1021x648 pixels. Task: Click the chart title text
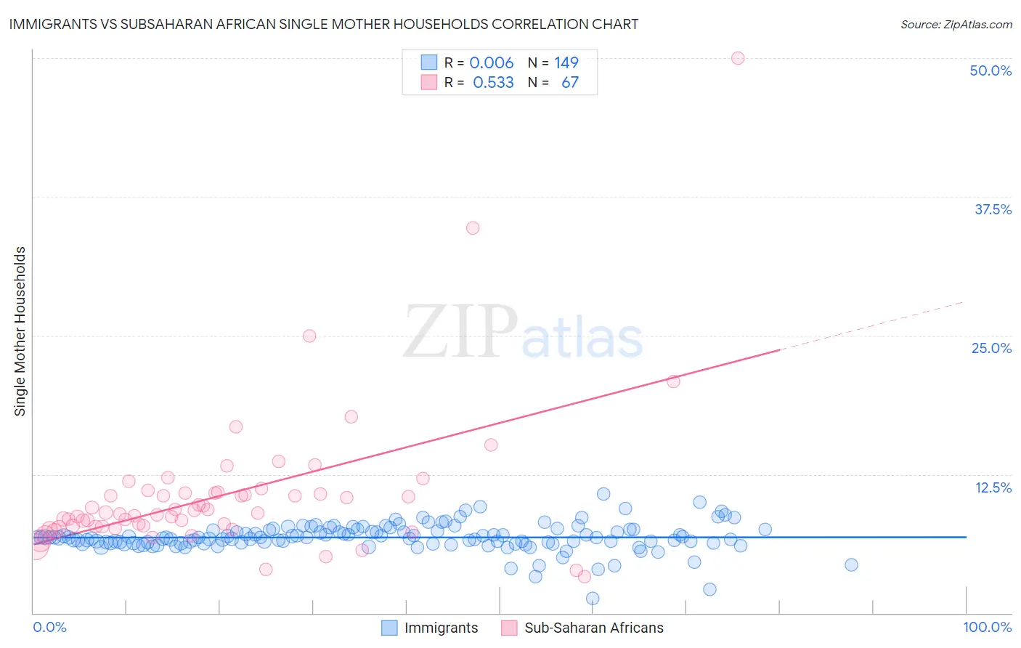tap(324, 24)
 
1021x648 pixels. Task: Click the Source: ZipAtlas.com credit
tap(956, 24)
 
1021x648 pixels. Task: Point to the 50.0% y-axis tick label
tap(991, 70)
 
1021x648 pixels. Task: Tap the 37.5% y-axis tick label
tap(993, 209)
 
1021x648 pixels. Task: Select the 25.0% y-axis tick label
tap(991, 348)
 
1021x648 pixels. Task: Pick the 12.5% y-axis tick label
tap(993, 487)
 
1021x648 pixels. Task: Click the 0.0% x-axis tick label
tap(49, 627)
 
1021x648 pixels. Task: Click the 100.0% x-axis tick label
tap(987, 627)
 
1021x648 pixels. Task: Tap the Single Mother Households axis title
tap(20, 331)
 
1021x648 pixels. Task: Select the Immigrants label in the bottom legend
tap(441, 628)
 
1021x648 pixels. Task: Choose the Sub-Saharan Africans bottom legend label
tap(593, 628)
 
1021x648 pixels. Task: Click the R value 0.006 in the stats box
tap(492, 63)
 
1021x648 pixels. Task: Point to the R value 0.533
tap(493, 82)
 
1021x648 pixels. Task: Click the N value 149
tap(566, 63)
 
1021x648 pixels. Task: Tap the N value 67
tap(570, 82)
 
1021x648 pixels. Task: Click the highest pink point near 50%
tap(738, 58)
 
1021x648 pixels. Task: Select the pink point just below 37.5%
tap(473, 227)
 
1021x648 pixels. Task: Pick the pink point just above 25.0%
tap(309, 336)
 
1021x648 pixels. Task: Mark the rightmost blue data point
tap(851, 564)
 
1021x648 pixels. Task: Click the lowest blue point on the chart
tap(593, 598)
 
